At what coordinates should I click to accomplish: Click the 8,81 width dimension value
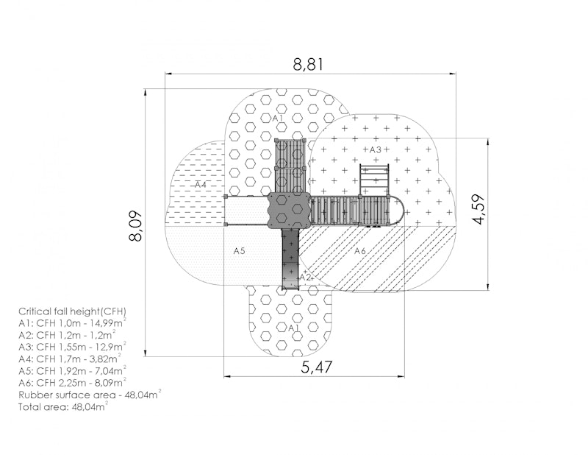[307, 65]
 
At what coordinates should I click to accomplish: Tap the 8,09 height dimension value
[135, 225]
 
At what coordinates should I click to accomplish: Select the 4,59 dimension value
[479, 209]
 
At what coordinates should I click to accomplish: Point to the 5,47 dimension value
[317, 367]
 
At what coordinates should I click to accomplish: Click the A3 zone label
[376, 150]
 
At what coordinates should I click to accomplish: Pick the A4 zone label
[201, 185]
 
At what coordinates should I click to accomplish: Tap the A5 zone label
[240, 250]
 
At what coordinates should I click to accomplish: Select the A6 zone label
[360, 250]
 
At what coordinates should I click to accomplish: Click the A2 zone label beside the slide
[306, 278]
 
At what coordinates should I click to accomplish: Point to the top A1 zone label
[278, 118]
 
